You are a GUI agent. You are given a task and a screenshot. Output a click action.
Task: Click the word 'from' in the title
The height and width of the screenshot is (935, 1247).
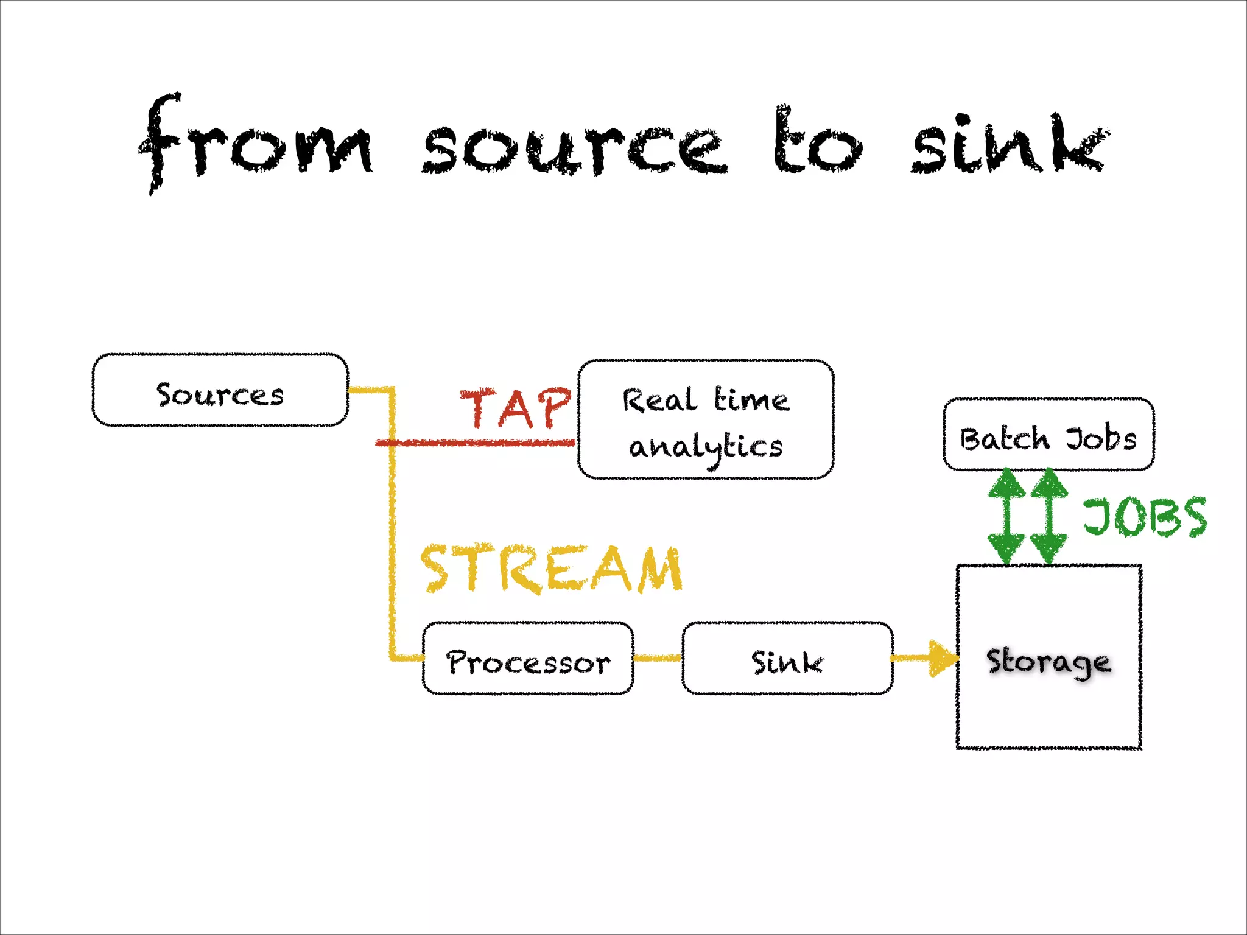pos(256,143)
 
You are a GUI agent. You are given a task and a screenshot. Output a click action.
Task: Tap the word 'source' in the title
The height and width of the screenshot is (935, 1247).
pos(575,149)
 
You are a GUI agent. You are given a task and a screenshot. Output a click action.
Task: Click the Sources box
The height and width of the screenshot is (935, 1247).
pos(220,390)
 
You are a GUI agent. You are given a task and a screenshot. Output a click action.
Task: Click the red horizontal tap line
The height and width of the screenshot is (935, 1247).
pos(475,443)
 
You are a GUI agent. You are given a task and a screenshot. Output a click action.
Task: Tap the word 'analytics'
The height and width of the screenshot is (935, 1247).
pos(705,448)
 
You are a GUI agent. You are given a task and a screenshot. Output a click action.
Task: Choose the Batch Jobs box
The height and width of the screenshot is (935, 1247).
pos(1049,435)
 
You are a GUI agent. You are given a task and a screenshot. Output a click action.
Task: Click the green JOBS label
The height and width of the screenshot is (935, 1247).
pos(1145,517)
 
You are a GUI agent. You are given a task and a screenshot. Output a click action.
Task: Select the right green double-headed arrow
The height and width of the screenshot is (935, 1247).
pos(1049,516)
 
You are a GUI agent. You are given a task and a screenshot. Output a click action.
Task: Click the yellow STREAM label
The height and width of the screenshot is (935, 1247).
pos(551,569)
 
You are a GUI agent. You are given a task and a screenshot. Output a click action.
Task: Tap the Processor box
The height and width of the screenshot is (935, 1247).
pos(528,659)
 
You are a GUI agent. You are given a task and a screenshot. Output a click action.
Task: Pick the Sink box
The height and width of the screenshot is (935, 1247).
pos(787,659)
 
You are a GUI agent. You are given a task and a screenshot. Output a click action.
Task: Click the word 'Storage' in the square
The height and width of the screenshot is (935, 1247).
pos(1049,662)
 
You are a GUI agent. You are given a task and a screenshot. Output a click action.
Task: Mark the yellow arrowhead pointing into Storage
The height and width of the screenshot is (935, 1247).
pos(943,658)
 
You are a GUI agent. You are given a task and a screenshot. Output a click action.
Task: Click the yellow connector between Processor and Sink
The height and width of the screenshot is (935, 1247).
pos(658,658)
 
